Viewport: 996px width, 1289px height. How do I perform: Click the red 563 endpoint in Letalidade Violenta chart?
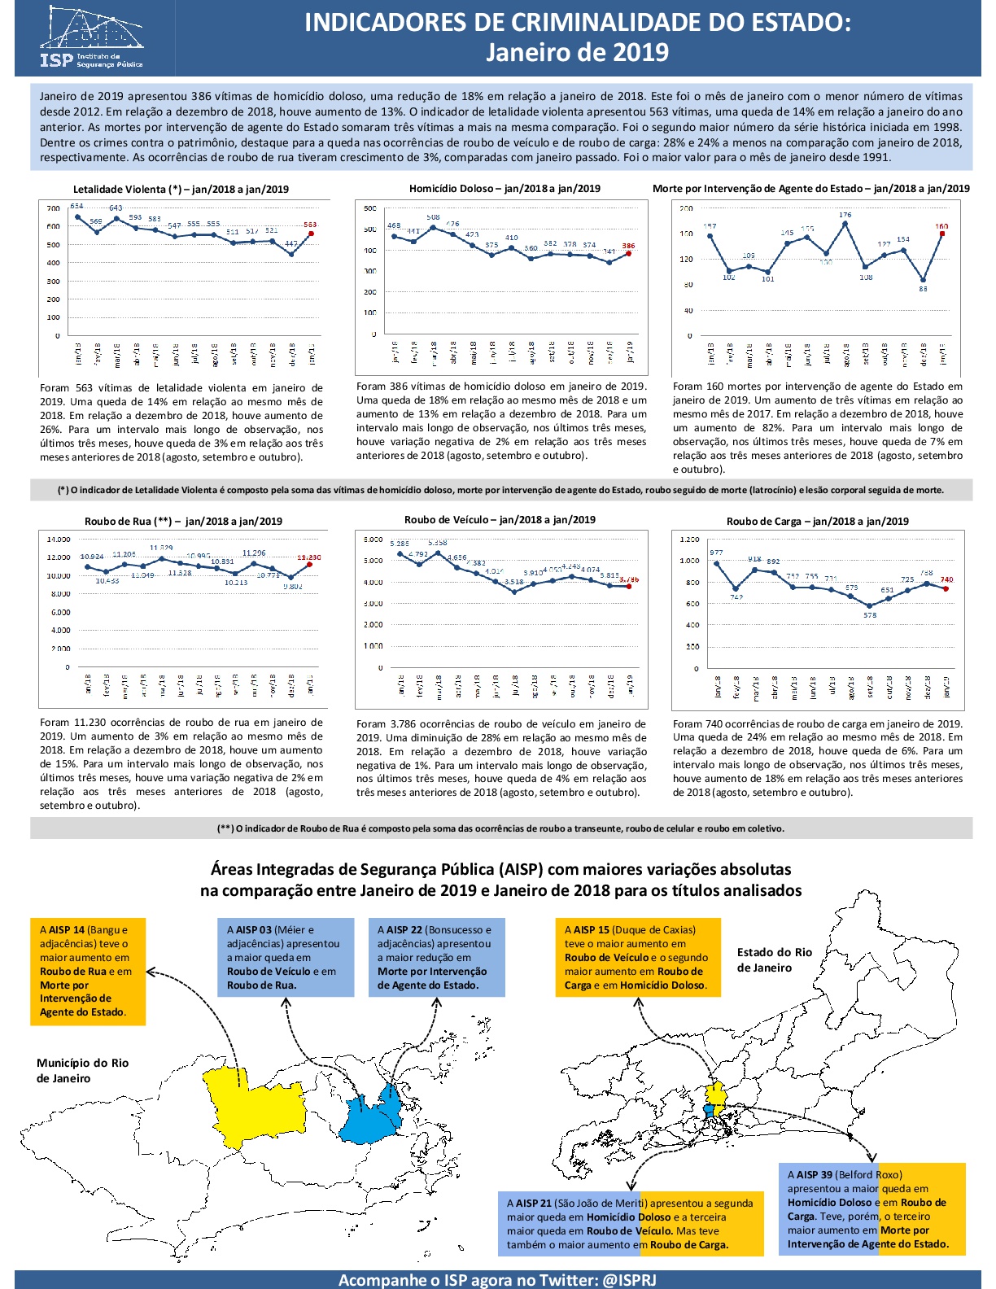point(311,234)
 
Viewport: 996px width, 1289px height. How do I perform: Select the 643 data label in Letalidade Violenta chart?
point(116,208)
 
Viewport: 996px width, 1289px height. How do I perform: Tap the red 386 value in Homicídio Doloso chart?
point(628,246)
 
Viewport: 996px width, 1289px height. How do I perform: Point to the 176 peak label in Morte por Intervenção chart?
point(845,215)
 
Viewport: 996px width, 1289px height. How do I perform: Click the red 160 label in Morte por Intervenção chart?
point(941,226)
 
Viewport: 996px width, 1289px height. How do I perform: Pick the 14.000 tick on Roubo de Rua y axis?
point(59,540)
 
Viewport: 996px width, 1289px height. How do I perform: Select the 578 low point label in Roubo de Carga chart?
point(870,615)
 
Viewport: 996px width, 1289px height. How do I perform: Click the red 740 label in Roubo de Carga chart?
point(946,579)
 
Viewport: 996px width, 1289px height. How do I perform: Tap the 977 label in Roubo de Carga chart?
point(716,553)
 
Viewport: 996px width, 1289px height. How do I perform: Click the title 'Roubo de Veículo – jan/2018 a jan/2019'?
point(500,520)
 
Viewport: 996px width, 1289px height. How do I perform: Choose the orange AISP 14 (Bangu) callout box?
point(88,971)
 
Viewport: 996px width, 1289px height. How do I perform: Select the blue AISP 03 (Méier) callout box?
point(286,957)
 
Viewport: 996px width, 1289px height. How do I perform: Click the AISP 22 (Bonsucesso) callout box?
point(435,957)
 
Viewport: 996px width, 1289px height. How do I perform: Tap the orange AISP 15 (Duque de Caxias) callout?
point(639,957)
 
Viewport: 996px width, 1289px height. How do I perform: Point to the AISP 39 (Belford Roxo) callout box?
point(871,1209)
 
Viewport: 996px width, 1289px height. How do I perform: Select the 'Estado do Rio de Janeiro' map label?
point(774,960)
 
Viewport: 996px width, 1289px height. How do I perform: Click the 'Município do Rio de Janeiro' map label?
point(82,1071)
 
